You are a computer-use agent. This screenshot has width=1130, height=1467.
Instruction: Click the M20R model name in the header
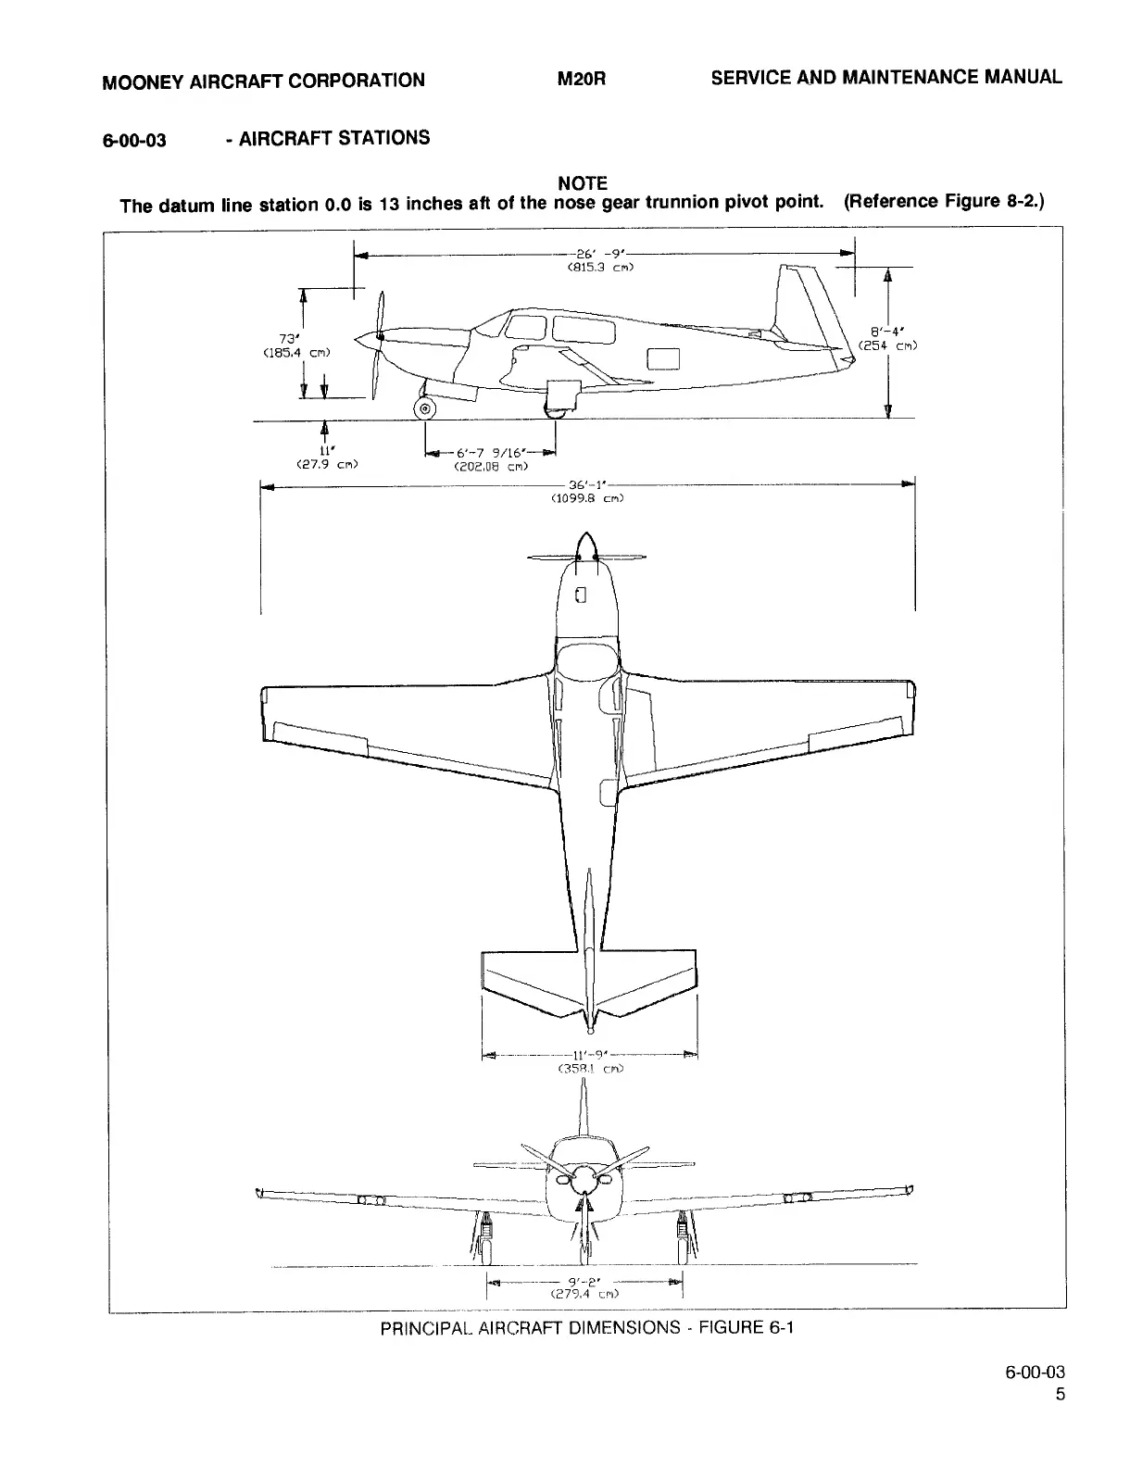click(x=581, y=80)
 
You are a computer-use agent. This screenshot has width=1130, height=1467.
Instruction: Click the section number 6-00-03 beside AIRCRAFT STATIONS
click(x=134, y=141)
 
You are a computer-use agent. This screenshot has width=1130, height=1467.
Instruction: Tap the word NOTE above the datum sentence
click(x=583, y=183)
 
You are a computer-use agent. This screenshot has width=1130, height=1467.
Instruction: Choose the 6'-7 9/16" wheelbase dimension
click(x=491, y=453)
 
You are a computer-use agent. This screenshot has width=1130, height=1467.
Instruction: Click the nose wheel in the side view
click(x=425, y=409)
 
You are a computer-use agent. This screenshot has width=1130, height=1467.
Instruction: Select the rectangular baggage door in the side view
click(x=663, y=357)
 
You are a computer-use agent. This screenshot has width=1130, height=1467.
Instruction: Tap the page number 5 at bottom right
click(x=1060, y=1396)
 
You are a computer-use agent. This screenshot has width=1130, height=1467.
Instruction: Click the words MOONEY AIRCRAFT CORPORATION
click(x=263, y=81)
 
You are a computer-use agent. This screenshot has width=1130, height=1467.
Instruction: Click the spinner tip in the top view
click(x=584, y=537)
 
